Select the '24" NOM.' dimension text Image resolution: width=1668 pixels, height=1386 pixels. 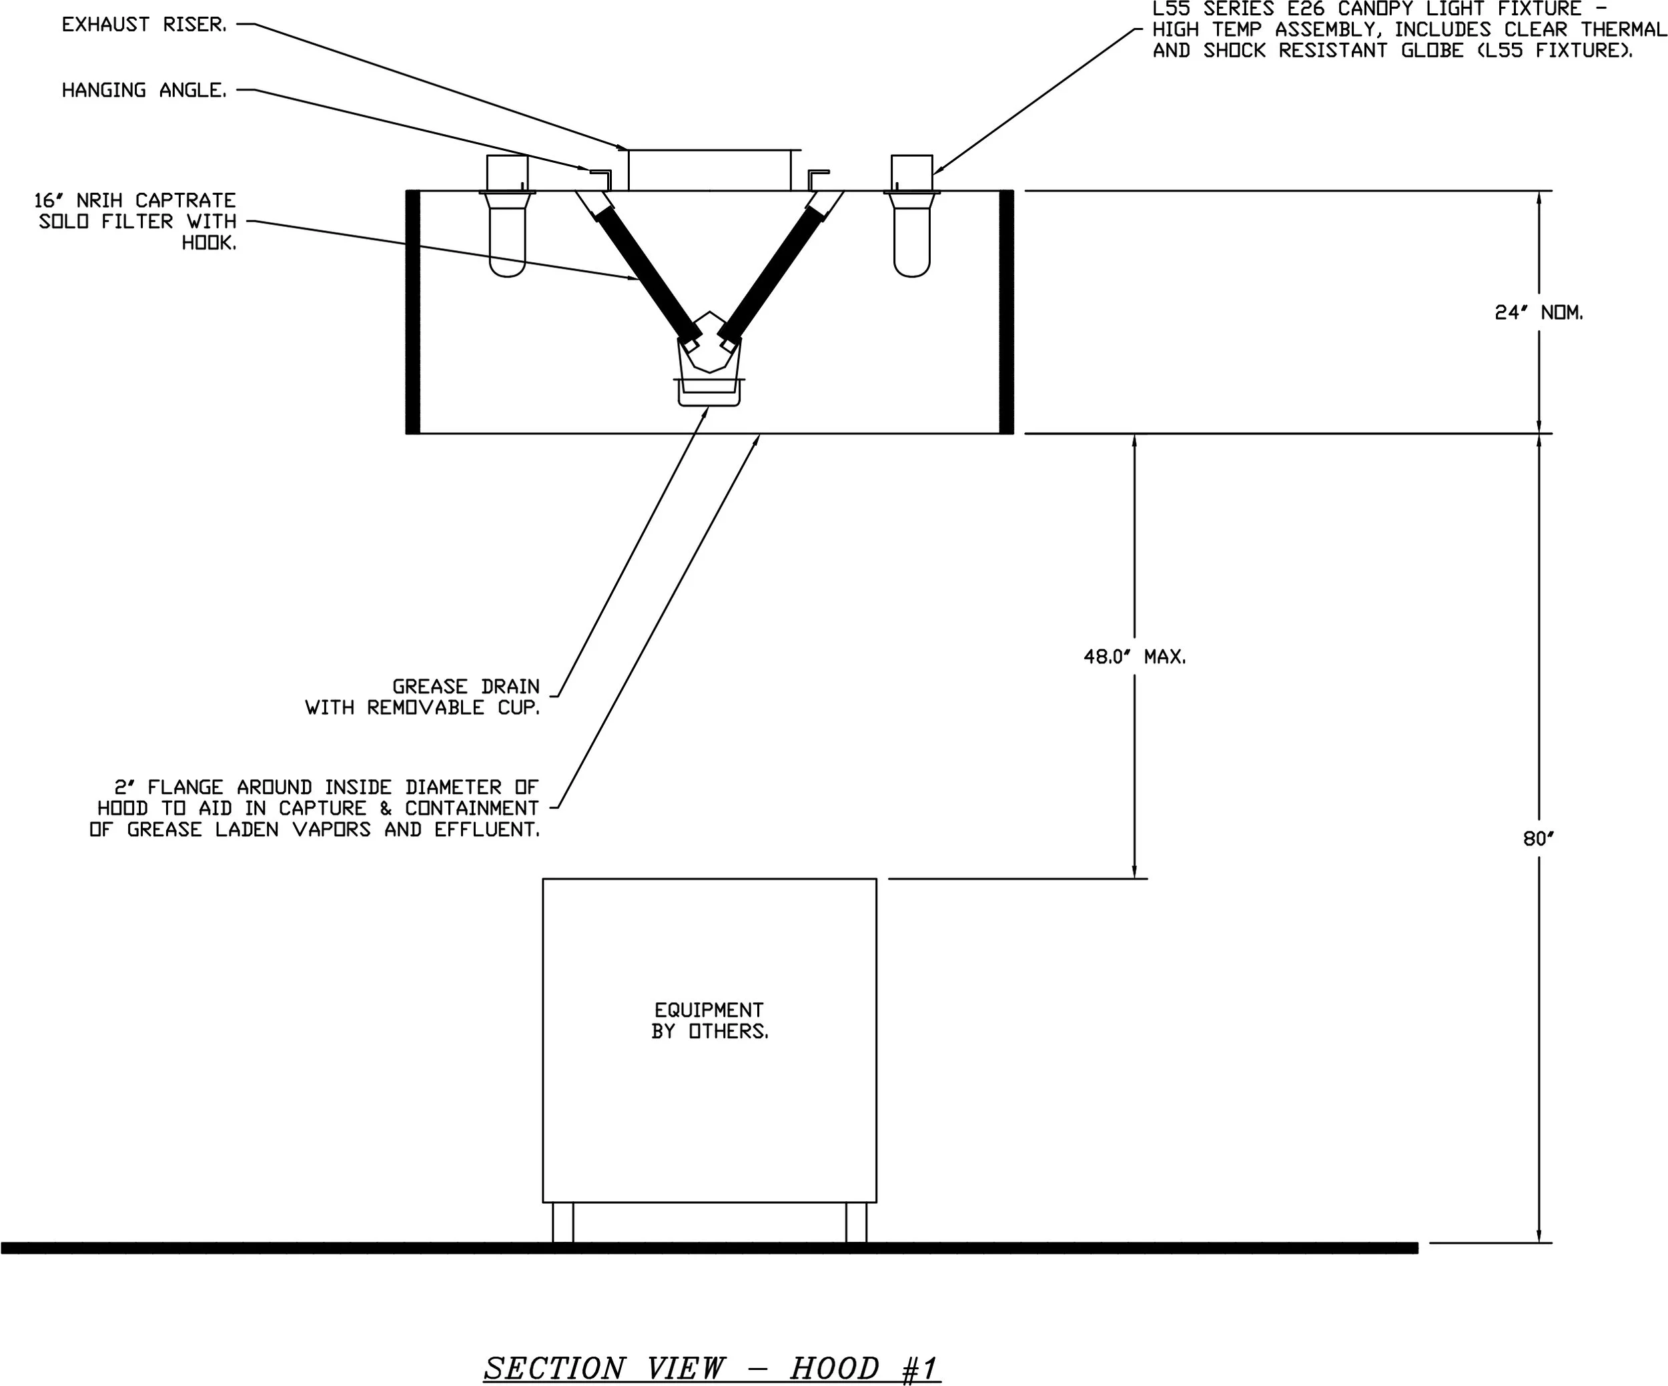click(1539, 313)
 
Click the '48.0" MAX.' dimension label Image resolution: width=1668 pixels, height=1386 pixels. click(1134, 657)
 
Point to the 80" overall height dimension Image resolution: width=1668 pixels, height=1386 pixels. click(1539, 839)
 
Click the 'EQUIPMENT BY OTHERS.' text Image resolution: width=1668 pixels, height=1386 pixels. click(709, 1020)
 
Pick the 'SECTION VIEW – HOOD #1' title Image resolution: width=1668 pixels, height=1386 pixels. click(712, 1368)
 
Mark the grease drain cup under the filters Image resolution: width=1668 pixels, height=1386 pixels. click(709, 392)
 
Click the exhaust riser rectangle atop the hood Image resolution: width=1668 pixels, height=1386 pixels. click(709, 170)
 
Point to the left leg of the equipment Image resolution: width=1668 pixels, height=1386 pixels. click(562, 1223)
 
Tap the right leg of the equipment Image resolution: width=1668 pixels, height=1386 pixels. click(855, 1223)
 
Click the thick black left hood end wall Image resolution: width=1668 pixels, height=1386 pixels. click(413, 312)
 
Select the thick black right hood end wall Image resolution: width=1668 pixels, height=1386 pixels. click(1006, 312)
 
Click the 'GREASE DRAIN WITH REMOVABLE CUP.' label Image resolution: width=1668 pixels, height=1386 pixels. click(422, 697)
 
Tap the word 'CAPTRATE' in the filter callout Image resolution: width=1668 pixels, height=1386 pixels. click(185, 200)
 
